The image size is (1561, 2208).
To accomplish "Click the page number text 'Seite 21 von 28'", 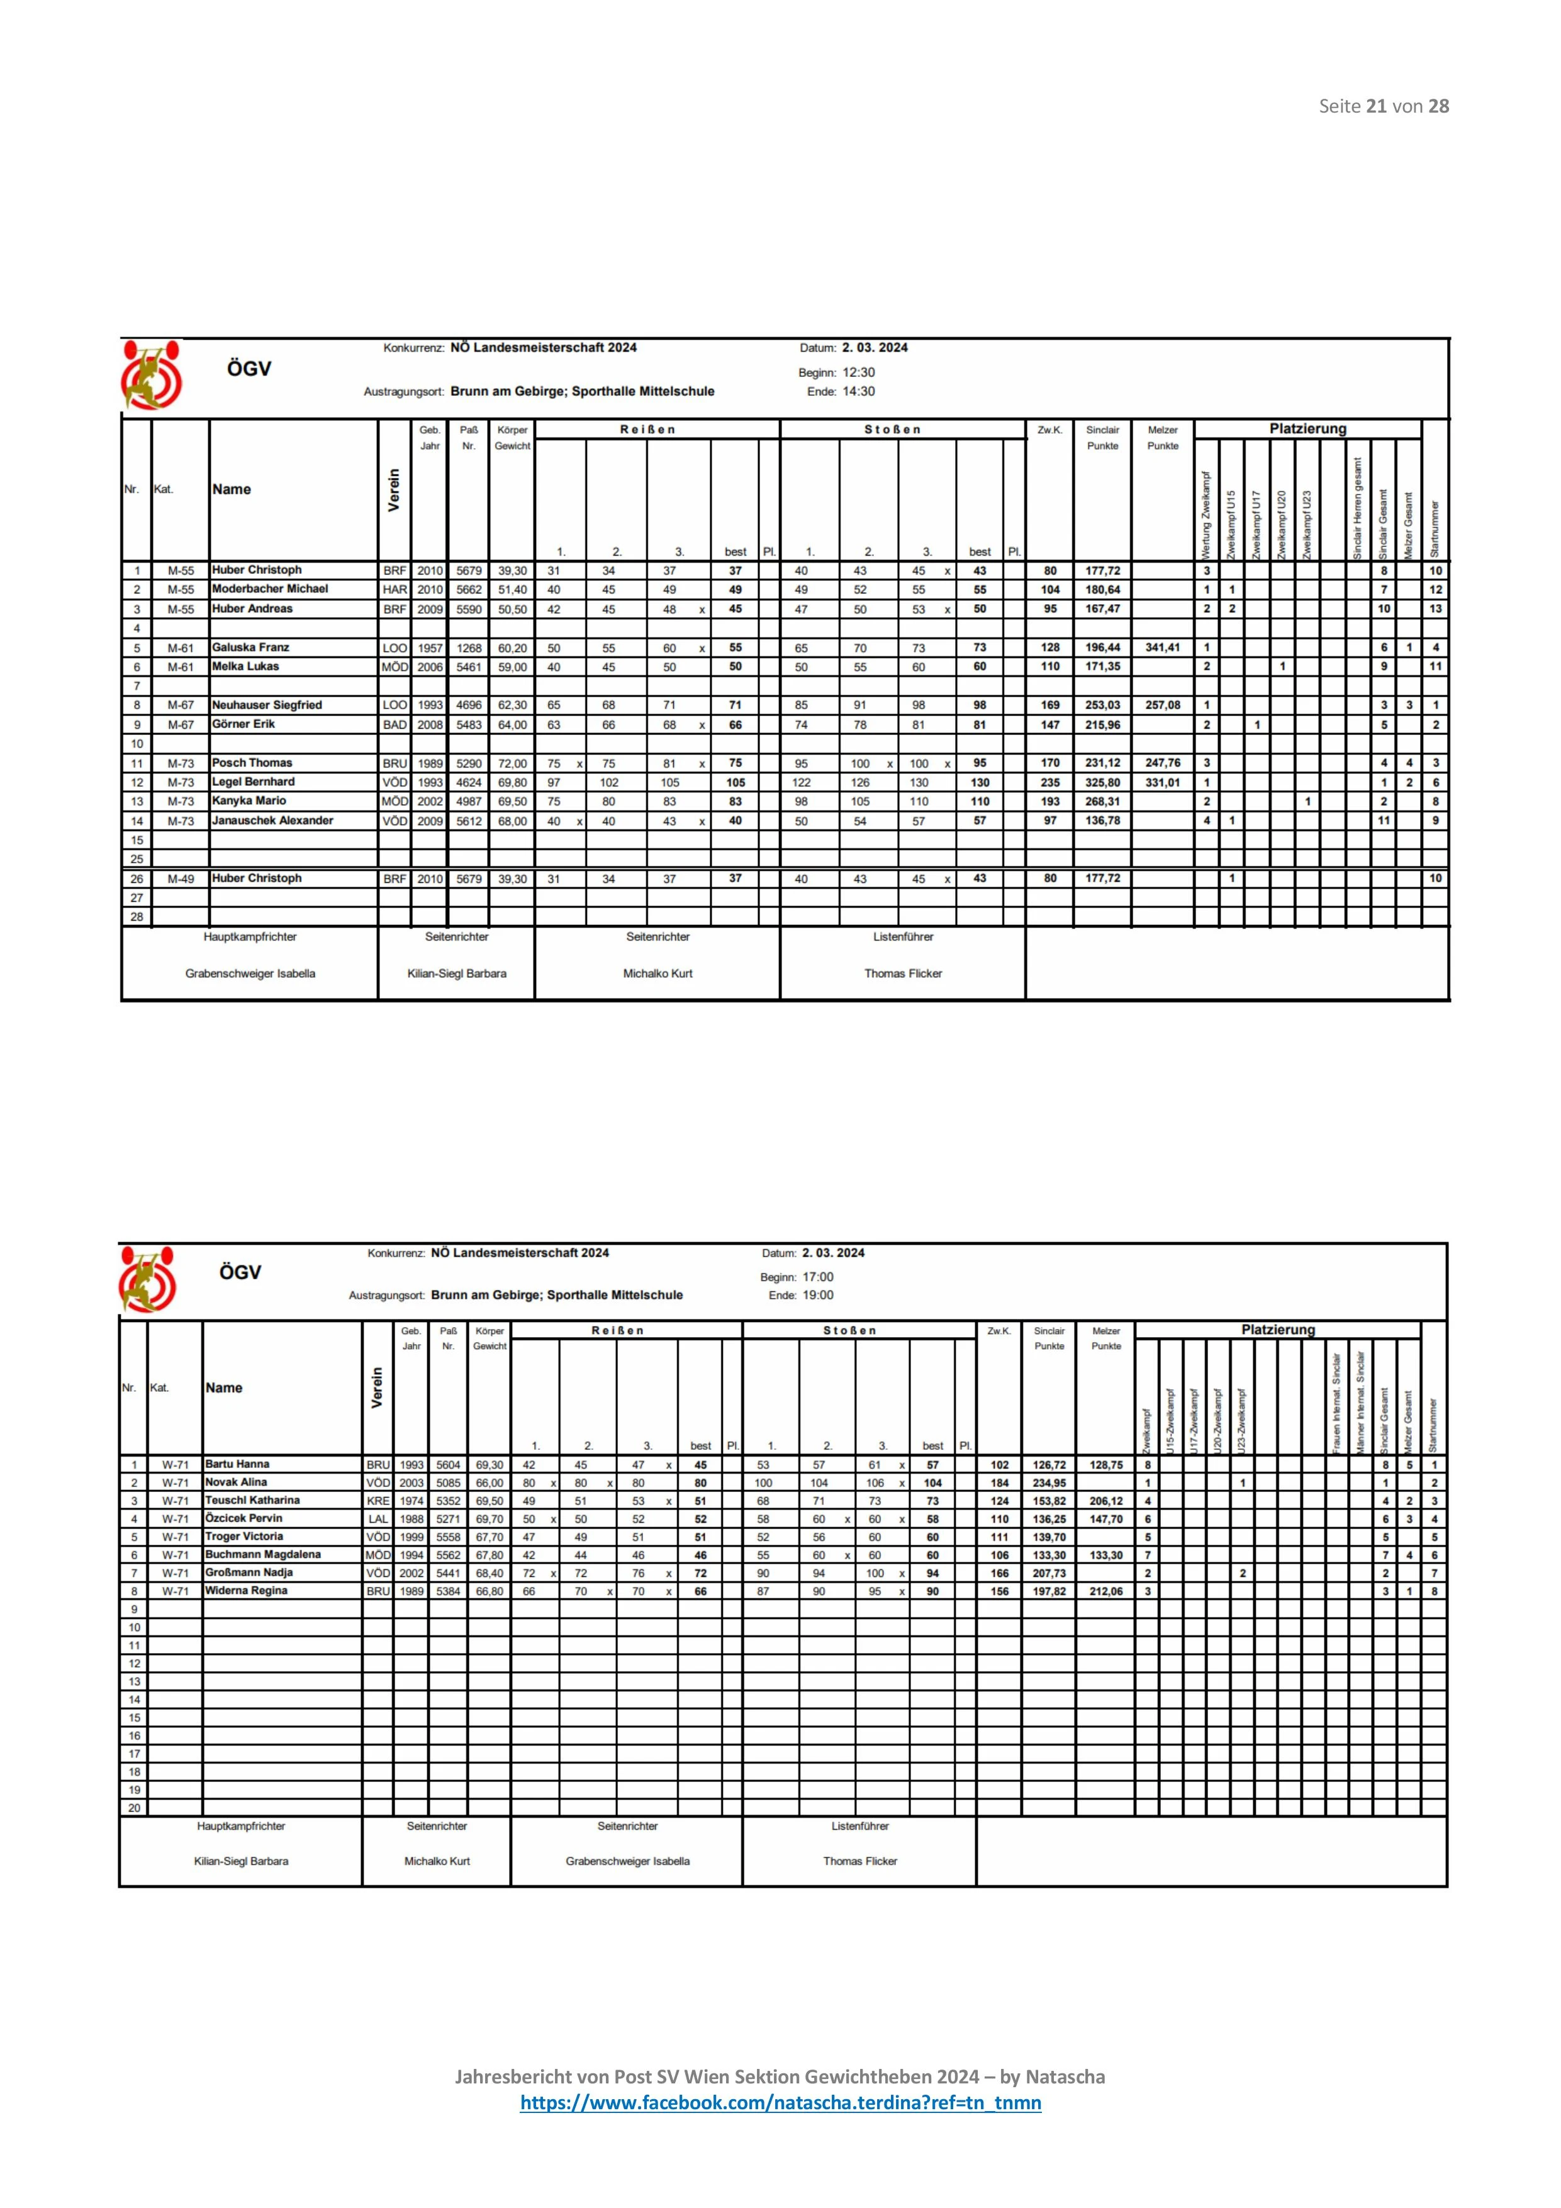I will coord(1383,107).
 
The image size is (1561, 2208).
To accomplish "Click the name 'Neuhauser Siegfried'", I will coord(266,705).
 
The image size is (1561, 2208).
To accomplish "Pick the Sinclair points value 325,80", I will coord(1102,783).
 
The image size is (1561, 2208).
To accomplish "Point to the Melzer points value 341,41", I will coord(1162,648).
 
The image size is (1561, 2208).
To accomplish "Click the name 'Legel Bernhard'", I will coord(253,783).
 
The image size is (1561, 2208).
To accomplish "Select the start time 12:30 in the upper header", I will coord(859,372).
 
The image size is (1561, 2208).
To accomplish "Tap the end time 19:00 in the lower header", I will coord(819,1296).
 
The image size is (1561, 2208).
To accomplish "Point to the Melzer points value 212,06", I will coord(1106,1591).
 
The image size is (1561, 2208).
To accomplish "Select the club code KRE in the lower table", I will coord(377,1501).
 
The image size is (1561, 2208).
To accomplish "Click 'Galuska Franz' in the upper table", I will coord(250,648).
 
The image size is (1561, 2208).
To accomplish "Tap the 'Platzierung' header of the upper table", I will coord(1307,429).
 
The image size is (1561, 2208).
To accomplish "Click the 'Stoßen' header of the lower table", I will coord(849,1331).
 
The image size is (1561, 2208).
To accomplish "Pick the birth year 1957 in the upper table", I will coord(430,648).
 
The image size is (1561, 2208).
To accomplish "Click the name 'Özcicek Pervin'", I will coord(243,1518).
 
